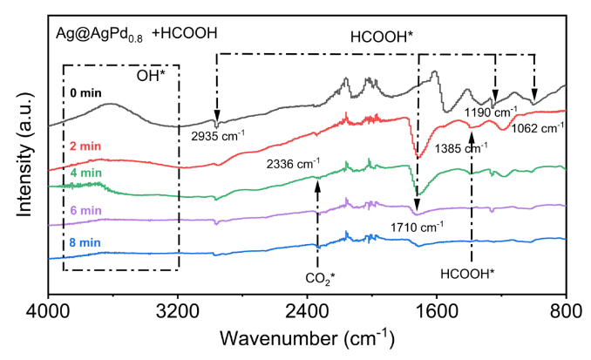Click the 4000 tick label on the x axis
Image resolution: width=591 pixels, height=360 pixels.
tap(49, 308)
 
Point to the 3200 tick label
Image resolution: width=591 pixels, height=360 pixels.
tap(178, 308)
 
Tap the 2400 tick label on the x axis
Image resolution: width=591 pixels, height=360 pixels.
tap(307, 308)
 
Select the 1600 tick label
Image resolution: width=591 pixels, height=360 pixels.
tap(436, 308)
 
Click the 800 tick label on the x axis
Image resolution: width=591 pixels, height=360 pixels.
tap(566, 308)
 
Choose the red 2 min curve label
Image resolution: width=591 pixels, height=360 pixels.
tap(85, 148)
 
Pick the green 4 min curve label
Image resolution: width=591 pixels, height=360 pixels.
tap(85, 173)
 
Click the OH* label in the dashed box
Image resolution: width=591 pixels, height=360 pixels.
tap(150, 76)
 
